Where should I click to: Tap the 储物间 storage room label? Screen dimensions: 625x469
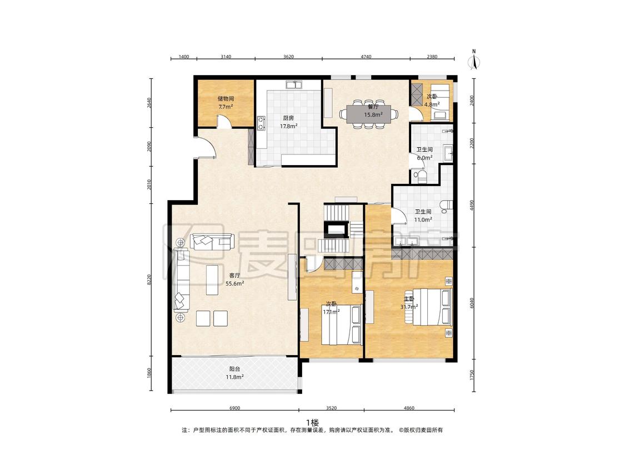(226, 98)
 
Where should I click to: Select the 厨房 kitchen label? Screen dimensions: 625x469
(288, 118)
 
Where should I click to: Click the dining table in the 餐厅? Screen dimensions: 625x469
(369, 114)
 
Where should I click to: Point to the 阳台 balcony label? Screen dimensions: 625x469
(235, 370)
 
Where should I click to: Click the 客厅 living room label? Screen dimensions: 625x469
(235, 276)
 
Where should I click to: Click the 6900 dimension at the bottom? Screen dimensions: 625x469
(235, 408)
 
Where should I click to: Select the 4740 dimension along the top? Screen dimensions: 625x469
(366, 57)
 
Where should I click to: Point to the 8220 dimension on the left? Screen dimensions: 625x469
(149, 280)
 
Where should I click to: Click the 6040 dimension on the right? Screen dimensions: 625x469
(472, 303)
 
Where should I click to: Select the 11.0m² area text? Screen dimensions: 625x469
(423, 219)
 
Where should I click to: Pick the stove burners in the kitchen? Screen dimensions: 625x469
(261, 123)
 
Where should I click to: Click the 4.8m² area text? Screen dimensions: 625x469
(432, 104)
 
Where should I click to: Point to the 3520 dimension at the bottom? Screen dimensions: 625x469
(331, 408)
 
